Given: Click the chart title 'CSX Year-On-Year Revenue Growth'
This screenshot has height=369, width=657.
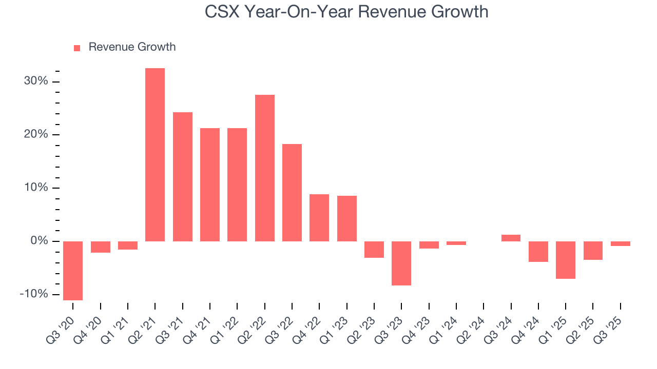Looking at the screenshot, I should click(x=346, y=12).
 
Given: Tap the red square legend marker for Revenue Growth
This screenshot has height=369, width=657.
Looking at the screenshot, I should click(x=77, y=48).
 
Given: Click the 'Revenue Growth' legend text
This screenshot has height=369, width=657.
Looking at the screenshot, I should click(x=132, y=47).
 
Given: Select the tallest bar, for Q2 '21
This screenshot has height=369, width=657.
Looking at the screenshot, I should click(x=155, y=154).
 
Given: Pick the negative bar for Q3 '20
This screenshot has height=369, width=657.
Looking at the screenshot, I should click(x=73, y=271).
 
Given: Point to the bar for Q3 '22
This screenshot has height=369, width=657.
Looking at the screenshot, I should click(x=292, y=192).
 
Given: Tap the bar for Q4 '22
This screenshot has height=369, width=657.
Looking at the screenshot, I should click(x=319, y=217).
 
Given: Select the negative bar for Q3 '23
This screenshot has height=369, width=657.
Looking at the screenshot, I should click(x=401, y=263).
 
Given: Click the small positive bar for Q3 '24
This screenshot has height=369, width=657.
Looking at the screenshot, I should click(x=511, y=238).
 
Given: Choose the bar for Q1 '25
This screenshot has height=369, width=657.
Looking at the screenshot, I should click(x=566, y=260).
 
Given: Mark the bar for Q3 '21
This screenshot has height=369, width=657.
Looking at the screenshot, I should click(x=183, y=176).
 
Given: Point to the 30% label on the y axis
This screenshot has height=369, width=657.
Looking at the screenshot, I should click(x=35, y=81).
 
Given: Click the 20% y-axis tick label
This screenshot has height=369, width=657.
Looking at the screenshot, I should click(x=35, y=134).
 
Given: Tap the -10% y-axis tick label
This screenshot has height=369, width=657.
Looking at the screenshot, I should click(x=34, y=294).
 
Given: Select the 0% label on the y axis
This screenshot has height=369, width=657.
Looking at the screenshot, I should click(x=38, y=241).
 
